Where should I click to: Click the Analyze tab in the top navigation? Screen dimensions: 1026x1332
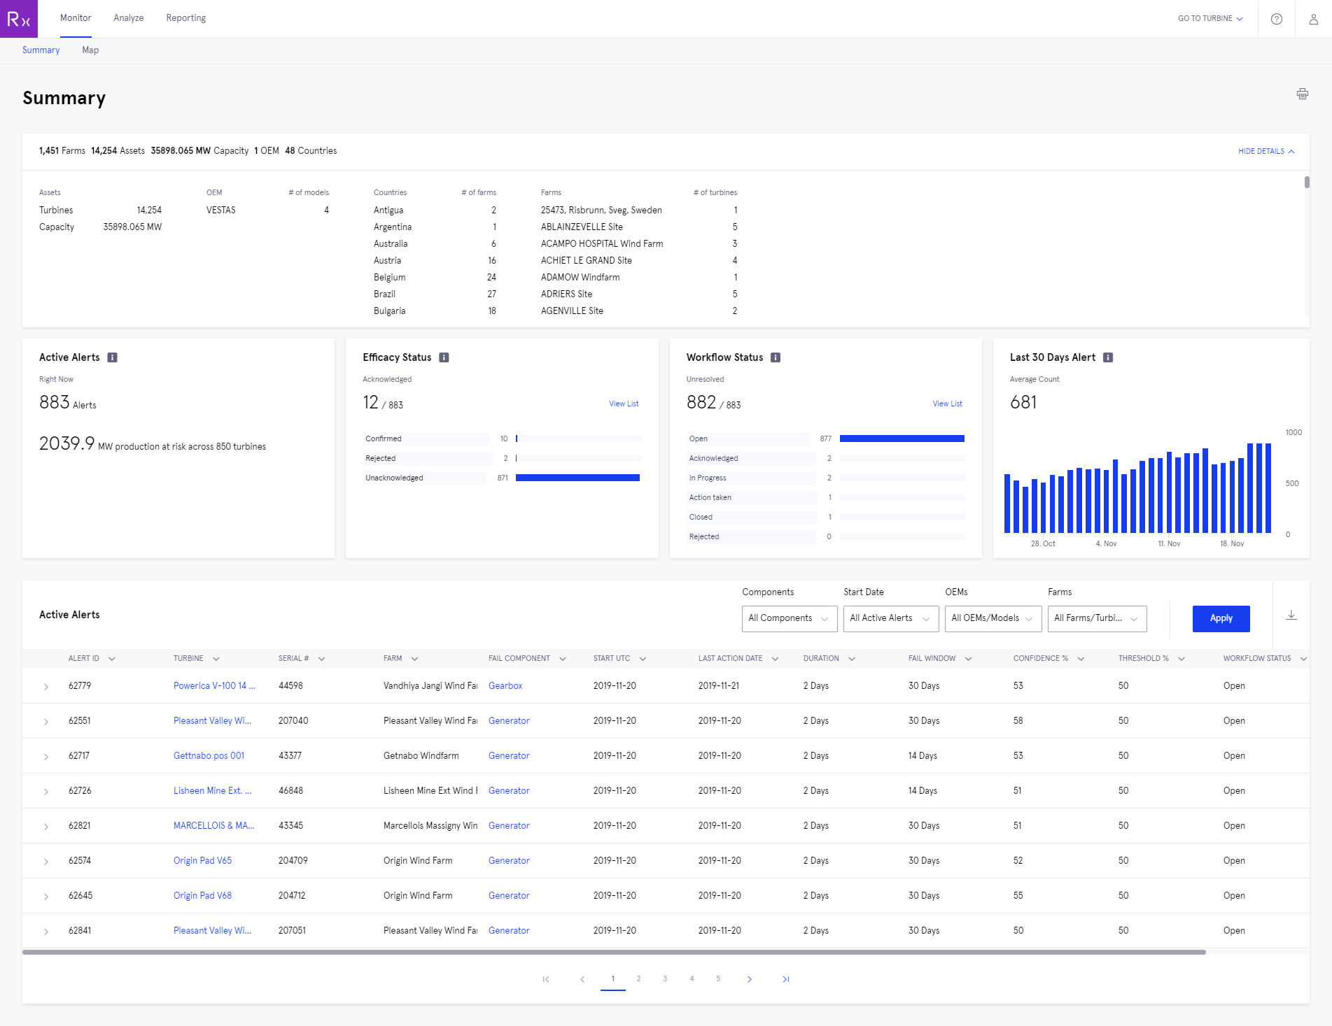tap(129, 18)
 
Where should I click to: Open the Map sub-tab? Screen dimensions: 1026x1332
tap(90, 50)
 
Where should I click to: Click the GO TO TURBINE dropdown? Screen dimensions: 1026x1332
tap(1210, 19)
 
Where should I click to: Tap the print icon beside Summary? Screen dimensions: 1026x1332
tap(1302, 94)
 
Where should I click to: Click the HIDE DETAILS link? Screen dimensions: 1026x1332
tap(1266, 151)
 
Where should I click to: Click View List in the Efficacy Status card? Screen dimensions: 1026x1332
tap(624, 404)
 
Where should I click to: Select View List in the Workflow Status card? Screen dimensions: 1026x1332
tap(947, 404)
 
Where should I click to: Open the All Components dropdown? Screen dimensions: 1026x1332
tap(789, 618)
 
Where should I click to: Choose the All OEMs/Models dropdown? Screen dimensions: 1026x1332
tap(992, 618)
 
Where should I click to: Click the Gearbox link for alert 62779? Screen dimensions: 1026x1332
tap(505, 686)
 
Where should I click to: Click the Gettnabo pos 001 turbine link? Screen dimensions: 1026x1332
tap(209, 756)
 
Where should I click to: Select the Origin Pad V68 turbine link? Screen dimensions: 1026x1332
tap(202, 896)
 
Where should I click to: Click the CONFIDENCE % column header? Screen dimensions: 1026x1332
tap(1041, 659)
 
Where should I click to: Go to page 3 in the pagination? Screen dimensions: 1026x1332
tap(665, 979)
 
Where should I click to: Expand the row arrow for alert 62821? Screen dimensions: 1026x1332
tap(46, 827)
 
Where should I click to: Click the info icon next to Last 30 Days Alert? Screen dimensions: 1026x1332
tap(1108, 357)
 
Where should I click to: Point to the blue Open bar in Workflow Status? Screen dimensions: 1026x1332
tap(902, 439)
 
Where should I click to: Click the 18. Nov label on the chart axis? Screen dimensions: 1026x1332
tap(1232, 543)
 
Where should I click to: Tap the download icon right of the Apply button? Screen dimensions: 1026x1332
tap(1291, 615)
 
